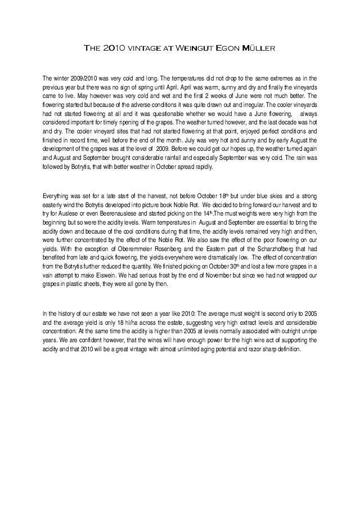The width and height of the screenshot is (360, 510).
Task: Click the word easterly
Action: (55, 205)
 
